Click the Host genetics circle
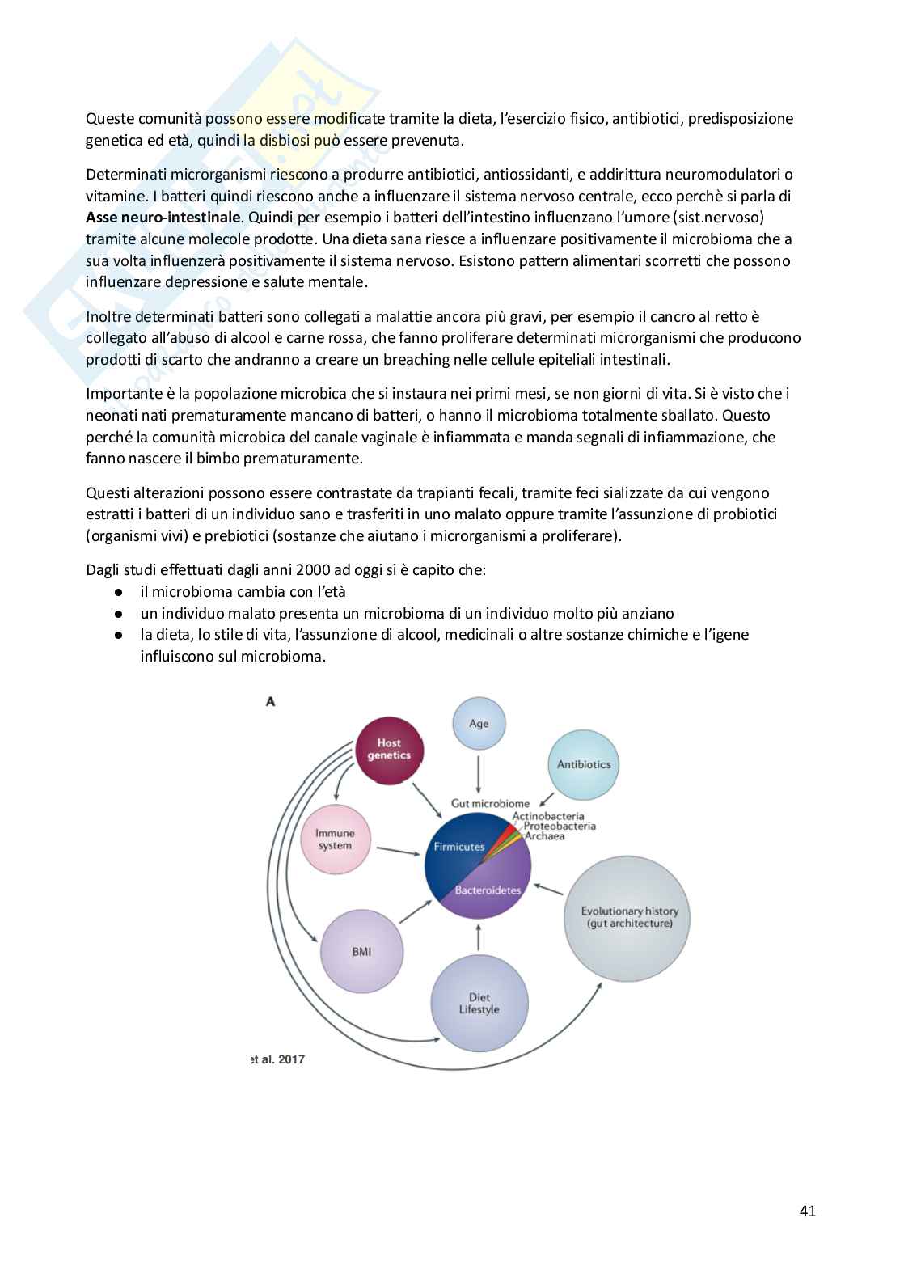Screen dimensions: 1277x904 pos(389,750)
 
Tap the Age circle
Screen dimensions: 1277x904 pos(479,724)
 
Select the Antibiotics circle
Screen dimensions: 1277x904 pos(584,764)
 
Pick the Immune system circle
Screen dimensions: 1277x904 pos(335,839)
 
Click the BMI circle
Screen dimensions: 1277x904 pos(361,952)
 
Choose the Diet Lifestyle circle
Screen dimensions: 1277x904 pos(479,1004)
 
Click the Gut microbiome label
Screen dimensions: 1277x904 pos(490,803)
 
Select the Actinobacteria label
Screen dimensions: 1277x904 pos(547,816)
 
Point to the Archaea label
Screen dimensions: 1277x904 pos(544,836)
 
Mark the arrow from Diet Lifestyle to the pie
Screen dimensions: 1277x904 pos(479,937)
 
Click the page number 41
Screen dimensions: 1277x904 pos(807,1211)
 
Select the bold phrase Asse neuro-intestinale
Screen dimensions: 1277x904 pos(163,218)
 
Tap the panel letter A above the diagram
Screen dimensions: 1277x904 pos(270,701)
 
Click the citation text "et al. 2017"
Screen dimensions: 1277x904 pos(278,1059)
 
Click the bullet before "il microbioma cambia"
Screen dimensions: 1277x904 pos(119,592)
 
